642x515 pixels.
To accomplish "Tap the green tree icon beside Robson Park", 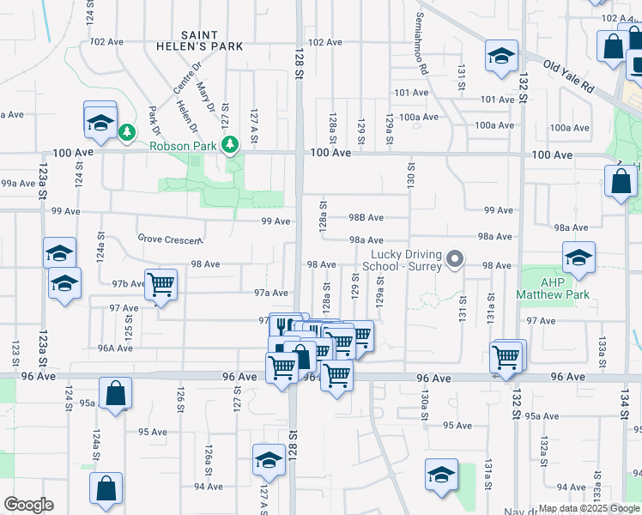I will coord(229,145).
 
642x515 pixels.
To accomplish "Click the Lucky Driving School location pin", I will coord(456,258).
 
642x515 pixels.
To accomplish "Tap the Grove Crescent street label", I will coord(170,239).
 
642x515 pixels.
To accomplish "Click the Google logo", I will coord(28,505).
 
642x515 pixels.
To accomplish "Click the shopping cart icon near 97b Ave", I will coord(160,283).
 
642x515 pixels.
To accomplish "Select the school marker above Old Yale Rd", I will coord(501,56).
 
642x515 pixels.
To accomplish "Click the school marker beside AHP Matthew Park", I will coord(578,257).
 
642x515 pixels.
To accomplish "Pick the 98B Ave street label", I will coord(366,218).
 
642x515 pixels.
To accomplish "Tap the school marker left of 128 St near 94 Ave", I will coord(269,460).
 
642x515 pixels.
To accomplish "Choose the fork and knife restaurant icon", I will coord(284,325).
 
